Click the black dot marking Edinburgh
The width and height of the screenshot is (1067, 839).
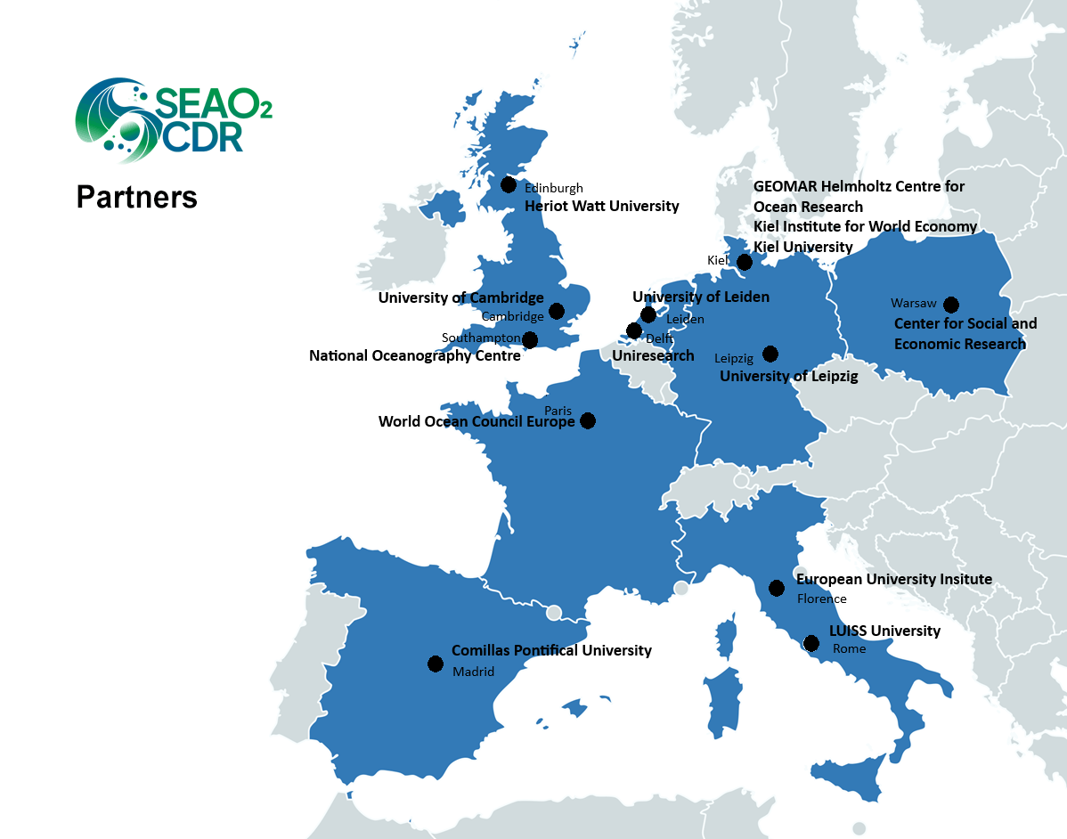coord(509,184)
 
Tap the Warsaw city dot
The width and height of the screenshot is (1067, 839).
coord(951,304)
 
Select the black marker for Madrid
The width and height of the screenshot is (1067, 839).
coord(436,664)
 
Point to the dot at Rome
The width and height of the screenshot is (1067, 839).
coord(811,643)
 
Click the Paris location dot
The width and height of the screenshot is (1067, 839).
coord(588,420)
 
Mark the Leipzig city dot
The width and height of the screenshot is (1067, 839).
coord(770,354)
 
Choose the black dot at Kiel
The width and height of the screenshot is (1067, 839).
coord(745,261)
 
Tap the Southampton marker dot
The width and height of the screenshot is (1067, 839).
coord(530,339)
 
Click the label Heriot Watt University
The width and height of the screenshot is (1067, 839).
coord(601,206)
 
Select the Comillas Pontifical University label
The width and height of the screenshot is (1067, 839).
coord(551,650)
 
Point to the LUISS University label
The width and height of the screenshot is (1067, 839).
coord(884,631)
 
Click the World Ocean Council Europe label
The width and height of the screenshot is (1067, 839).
coord(476,421)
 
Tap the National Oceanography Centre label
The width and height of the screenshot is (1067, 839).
coord(414,355)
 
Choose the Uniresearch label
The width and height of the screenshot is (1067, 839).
coord(653,355)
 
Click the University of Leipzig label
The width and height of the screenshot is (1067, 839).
coord(788,376)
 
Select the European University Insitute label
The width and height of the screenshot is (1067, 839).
coord(893,579)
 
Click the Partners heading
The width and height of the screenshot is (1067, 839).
coord(136,196)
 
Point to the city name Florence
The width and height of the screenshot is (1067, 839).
coord(821,599)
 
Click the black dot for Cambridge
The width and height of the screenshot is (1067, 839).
coord(557,311)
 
